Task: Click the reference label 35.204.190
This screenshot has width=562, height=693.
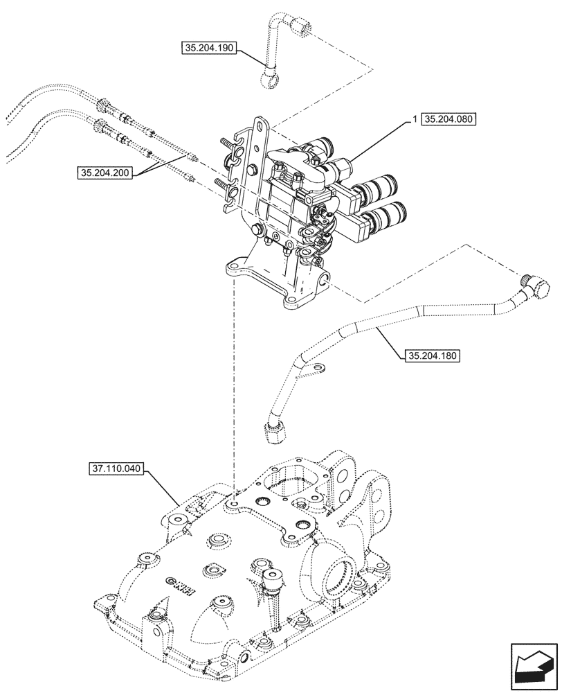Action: point(210,48)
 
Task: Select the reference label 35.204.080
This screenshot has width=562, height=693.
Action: point(448,119)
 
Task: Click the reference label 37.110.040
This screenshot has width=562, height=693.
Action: point(116,469)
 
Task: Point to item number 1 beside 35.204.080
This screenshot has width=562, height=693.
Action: point(414,119)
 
